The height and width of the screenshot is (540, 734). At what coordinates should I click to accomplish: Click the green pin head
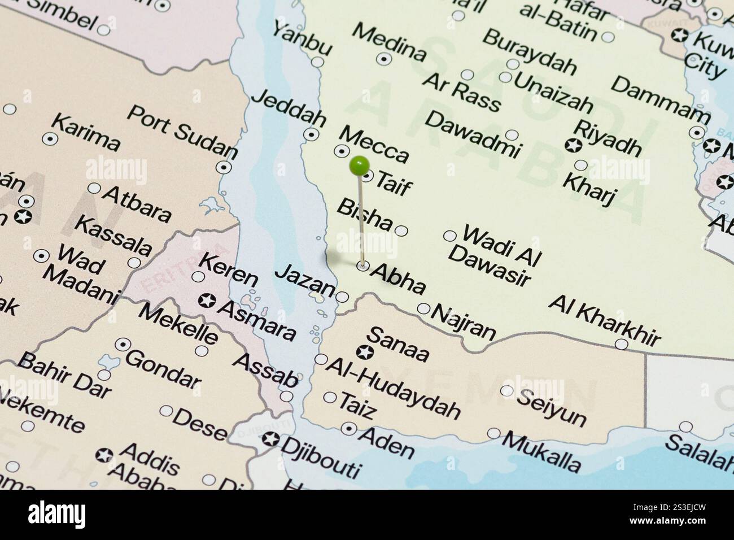(359, 166)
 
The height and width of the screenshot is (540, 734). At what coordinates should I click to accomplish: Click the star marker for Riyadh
(573, 145)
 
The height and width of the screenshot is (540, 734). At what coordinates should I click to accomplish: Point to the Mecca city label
(373, 144)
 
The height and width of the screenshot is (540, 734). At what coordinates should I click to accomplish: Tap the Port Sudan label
(182, 131)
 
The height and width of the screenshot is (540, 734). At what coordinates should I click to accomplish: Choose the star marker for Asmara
(207, 301)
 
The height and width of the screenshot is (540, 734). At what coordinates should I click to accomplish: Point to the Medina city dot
(385, 58)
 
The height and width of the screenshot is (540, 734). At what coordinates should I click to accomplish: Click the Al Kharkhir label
(604, 320)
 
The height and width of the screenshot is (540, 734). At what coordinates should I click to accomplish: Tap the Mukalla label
(541, 451)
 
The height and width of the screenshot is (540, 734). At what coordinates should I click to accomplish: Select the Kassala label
(113, 236)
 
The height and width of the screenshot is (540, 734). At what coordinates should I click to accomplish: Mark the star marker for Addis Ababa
(103, 455)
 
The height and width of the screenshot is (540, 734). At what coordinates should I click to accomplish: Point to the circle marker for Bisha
(401, 230)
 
